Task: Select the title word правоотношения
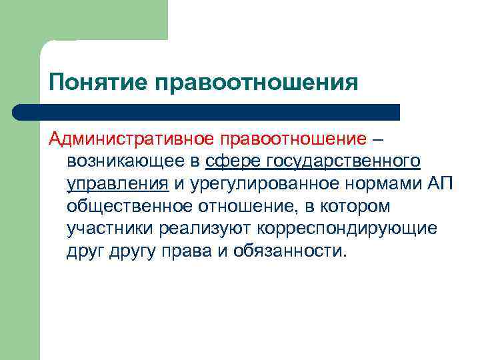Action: click(257, 83)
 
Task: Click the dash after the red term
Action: click(379, 139)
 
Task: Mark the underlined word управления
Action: click(117, 184)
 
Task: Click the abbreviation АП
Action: click(438, 184)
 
